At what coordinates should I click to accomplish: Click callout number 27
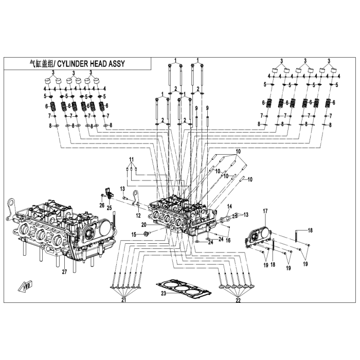(64, 272)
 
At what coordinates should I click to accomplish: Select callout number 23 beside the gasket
(163, 294)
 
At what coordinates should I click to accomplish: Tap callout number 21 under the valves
(123, 299)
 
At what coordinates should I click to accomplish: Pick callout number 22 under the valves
(238, 299)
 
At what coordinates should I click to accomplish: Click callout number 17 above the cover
(265, 211)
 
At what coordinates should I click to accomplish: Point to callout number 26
(101, 205)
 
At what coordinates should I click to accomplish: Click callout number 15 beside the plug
(134, 235)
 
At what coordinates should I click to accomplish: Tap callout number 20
(144, 225)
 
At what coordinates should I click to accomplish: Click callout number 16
(228, 240)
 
